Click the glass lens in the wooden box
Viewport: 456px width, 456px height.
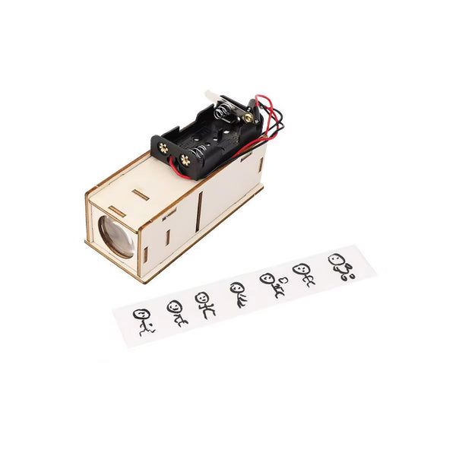point(116,236)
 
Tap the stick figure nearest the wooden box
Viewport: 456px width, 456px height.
point(143,321)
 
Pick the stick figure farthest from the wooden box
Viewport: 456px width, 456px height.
point(339,266)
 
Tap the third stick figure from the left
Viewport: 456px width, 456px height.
point(205,302)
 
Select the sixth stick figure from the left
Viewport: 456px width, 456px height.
point(303,274)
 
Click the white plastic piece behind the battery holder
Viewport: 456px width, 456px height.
point(215,98)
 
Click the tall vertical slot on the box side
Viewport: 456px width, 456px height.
point(198,212)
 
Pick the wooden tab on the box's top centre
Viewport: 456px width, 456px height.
point(141,195)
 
